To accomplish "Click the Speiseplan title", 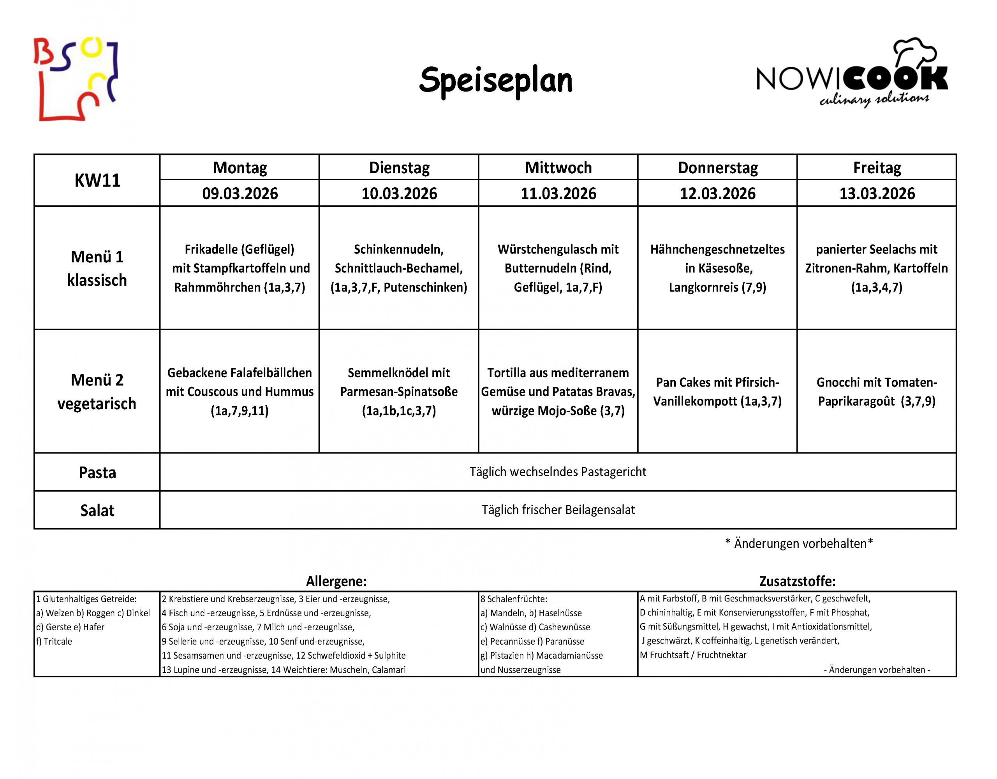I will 496,80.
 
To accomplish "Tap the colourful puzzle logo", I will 76,79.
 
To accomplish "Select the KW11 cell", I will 97,181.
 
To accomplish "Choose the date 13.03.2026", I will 877,193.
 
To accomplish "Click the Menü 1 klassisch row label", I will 97,268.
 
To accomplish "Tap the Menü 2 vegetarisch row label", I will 97,392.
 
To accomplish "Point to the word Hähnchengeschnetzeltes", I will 717,250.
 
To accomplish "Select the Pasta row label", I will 97,472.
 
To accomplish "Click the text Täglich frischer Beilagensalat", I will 558,510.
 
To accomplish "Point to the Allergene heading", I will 336,581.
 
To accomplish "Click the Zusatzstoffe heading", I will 797,581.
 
